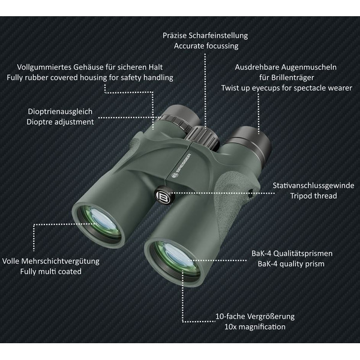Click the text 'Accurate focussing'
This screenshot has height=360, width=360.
pyautogui.click(x=205, y=46)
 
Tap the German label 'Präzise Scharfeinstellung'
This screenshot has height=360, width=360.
pyautogui.click(x=205, y=35)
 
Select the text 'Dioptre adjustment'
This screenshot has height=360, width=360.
pyautogui.click(x=61, y=121)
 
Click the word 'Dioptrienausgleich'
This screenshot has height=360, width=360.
pyautogui.click(x=61, y=111)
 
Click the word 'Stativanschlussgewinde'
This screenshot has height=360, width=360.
pyautogui.click(x=313, y=185)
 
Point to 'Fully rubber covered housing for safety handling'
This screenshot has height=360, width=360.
pyautogui.click(x=89, y=77)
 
